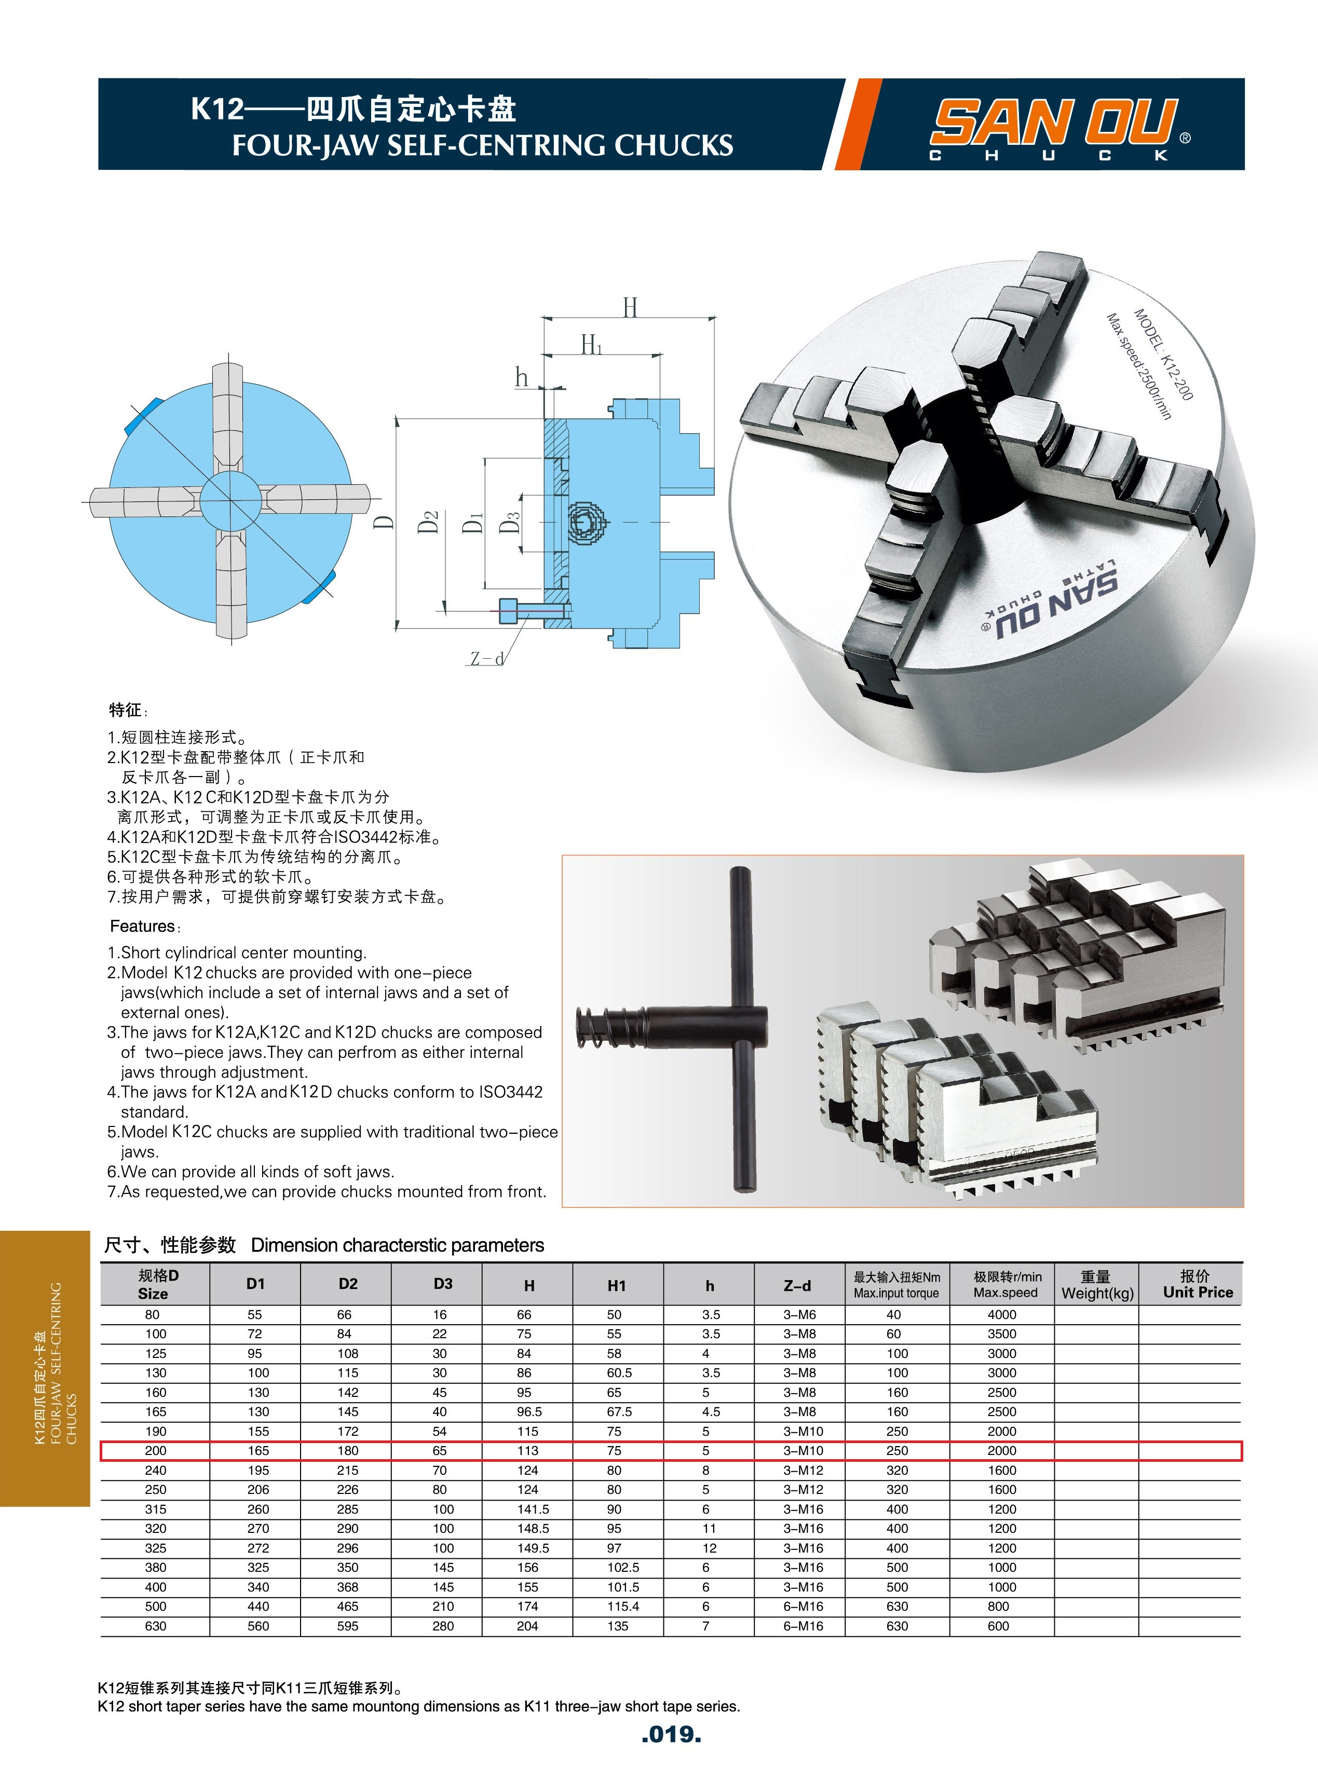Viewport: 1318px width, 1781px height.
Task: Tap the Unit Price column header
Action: [1198, 1292]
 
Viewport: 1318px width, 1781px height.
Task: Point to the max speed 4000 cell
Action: [1001, 1314]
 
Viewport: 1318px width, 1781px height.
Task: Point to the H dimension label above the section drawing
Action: [630, 308]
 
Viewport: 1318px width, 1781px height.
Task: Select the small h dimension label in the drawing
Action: [521, 376]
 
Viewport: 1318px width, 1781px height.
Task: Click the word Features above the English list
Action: [142, 926]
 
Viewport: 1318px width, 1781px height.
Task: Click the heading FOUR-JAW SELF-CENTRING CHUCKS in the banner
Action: [483, 145]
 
